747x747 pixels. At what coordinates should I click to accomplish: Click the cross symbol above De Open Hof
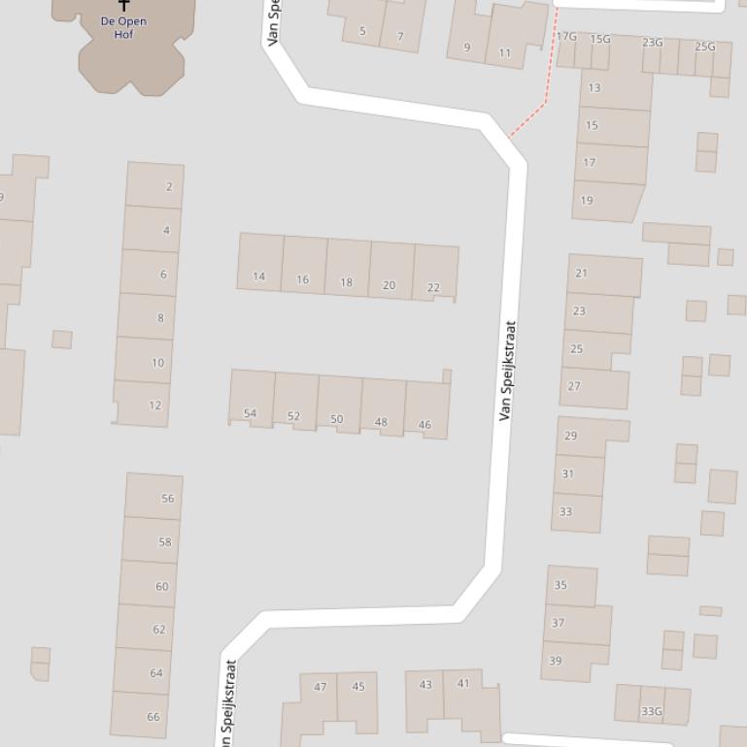[123, 6]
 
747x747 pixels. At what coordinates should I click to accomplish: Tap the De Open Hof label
[123, 27]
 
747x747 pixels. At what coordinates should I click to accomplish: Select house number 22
[433, 287]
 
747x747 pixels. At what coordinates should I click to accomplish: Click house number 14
[258, 276]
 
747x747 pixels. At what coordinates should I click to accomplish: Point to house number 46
[424, 425]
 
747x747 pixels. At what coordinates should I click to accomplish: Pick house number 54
[251, 413]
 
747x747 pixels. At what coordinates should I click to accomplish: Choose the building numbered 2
[169, 186]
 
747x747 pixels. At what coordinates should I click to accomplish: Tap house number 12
[155, 406]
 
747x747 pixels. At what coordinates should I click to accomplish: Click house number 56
[168, 499]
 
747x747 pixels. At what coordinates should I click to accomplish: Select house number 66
[153, 717]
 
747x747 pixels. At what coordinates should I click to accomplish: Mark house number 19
[587, 201]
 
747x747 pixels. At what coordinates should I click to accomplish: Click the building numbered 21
[581, 274]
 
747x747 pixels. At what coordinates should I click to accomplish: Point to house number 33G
[651, 711]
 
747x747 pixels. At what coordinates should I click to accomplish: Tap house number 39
[556, 661]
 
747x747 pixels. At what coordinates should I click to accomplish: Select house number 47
[321, 687]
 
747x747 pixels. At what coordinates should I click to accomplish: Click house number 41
[463, 683]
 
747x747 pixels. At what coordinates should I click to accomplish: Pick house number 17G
[566, 37]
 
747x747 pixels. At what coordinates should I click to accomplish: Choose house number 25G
[705, 47]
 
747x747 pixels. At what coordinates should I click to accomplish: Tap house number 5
[362, 31]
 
